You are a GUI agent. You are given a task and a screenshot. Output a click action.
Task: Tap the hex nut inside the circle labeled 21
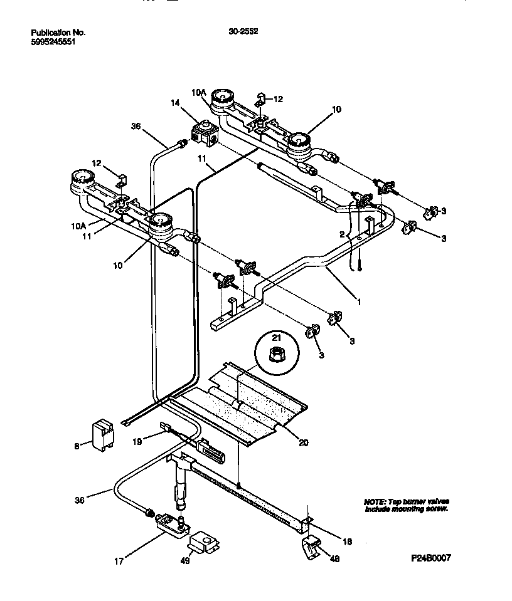click(x=273, y=355)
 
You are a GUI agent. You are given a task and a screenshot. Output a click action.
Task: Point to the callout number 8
click(x=77, y=446)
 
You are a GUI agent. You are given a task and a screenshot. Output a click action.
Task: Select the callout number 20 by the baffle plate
click(x=303, y=442)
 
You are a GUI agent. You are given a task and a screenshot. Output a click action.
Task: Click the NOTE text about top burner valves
click(x=406, y=506)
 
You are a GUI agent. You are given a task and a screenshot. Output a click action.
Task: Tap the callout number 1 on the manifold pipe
click(x=360, y=301)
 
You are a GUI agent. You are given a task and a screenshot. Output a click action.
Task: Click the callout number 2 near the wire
click(x=342, y=234)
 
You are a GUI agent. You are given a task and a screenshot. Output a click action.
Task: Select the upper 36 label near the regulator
click(x=136, y=125)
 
